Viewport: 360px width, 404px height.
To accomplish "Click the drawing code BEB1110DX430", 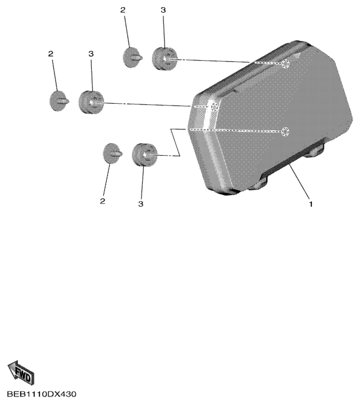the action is tap(42, 394).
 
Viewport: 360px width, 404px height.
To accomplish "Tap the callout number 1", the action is tap(311, 204).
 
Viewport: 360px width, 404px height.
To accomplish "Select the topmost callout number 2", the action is tap(123, 10).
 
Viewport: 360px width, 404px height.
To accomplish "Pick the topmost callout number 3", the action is tap(163, 10).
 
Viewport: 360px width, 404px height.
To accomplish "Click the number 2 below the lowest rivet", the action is tap(103, 201).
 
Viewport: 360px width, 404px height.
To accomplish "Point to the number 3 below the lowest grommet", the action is tap(140, 204).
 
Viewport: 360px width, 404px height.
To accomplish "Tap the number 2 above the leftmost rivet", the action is tap(51, 54).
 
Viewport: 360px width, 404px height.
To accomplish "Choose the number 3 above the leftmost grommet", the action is tap(91, 54).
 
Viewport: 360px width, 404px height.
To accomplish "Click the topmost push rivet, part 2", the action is tap(132, 57).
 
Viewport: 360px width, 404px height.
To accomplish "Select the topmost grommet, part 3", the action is tap(165, 58).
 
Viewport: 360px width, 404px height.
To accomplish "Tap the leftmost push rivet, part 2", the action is tap(59, 101).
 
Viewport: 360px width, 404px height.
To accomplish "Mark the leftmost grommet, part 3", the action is tap(91, 102).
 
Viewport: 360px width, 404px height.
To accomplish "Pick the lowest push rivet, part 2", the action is tap(112, 154).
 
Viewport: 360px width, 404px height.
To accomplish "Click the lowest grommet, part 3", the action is tap(144, 155).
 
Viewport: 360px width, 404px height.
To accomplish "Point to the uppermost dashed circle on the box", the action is tap(285, 64).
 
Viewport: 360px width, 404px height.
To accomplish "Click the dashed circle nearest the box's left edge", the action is tap(214, 107).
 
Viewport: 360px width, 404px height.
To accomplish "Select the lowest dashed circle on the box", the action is tap(285, 132).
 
